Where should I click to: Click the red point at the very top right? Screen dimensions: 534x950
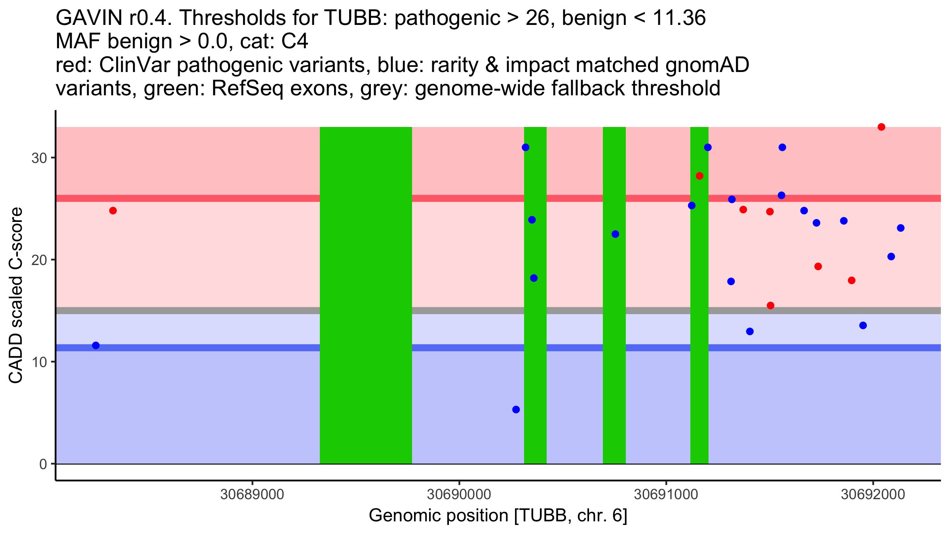click(881, 127)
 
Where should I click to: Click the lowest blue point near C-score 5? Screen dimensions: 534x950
click(516, 409)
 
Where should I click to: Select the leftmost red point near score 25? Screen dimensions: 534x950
click(113, 210)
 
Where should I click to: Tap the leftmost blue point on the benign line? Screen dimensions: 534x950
click(96, 345)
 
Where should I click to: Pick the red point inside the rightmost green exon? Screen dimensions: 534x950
click(699, 176)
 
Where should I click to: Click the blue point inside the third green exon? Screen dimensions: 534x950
click(615, 234)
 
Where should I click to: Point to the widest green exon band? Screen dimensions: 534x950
click(366, 295)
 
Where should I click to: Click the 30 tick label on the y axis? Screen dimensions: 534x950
click(39, 158)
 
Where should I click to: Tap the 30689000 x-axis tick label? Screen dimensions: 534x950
click(252, 494)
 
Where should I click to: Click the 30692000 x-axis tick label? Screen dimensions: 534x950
click(873, 494)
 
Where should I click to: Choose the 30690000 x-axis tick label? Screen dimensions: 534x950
click(459, 494)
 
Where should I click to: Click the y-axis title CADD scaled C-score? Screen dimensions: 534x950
click(16, 295)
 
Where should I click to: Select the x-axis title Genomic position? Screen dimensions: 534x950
click(498, 516)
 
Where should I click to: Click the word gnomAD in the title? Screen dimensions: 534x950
click(707, 65)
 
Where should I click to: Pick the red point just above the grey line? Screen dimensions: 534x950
click(770, 305)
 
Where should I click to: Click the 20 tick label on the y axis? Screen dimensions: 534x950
click(39, 260)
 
